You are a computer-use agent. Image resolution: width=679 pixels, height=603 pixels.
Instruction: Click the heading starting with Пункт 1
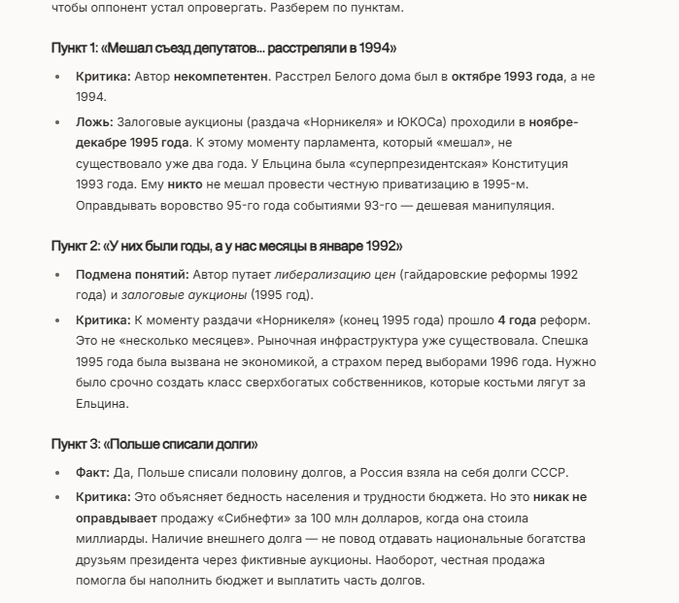[223, 48]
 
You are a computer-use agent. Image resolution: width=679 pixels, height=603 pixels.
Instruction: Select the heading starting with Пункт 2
[226, 247]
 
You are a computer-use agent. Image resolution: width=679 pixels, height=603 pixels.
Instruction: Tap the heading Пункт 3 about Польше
[154, 444]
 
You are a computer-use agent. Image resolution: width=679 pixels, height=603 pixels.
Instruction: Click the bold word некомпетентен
[221, 76]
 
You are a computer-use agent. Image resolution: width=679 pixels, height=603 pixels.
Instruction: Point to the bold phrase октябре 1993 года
[508, 76]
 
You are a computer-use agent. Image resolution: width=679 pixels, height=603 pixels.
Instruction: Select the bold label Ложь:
[95, 121]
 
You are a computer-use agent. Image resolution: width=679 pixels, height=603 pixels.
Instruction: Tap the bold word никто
[185, 184]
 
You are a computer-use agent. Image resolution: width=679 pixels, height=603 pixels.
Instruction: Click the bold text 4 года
[516, 320]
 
